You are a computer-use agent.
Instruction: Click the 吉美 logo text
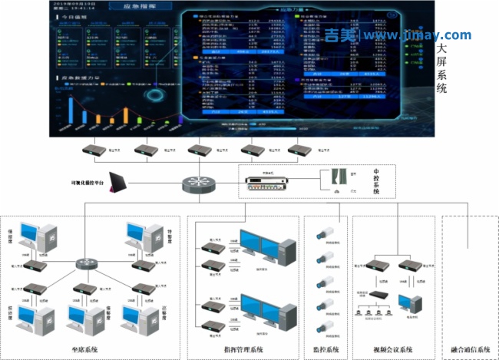(340, 35)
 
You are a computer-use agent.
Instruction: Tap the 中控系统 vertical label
(376, 184)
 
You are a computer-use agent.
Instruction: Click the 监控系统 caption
(327, 350)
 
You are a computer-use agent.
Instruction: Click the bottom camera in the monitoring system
(326, 325)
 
